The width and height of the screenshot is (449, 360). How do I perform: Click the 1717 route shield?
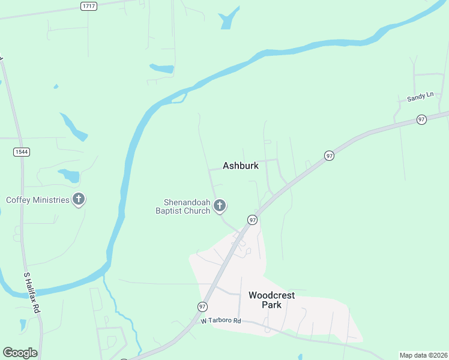(89, 5)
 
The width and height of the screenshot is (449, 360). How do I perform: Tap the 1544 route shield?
(22, 152)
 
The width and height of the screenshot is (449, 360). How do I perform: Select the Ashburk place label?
(241, 166)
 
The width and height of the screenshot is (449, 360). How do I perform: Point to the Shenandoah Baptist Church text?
(183, 206)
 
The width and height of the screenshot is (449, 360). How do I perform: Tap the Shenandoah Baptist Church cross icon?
(220, 206)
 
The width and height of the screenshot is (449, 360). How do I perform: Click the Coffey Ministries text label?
(38, 200)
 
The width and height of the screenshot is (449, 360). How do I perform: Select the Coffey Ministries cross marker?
(78, 200)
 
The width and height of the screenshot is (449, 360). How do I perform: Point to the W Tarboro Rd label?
(221, 321)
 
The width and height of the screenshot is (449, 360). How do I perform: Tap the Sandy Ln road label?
(420, 97)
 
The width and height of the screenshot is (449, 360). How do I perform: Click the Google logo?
(20, 353)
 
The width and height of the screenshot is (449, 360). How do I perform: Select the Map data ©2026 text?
(423, 355)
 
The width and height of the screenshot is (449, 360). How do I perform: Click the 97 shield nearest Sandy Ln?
(421, 120)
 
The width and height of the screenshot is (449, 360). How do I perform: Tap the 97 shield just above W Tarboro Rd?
(202, 306)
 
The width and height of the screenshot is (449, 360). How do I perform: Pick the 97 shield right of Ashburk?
(329, 156)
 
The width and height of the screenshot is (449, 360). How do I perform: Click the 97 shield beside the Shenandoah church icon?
(253, 220)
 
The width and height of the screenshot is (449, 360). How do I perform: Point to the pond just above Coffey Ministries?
(70, 175)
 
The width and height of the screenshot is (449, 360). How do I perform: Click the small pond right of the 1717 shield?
(229, 19)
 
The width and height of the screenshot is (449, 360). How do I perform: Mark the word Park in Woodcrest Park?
(272, 305)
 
